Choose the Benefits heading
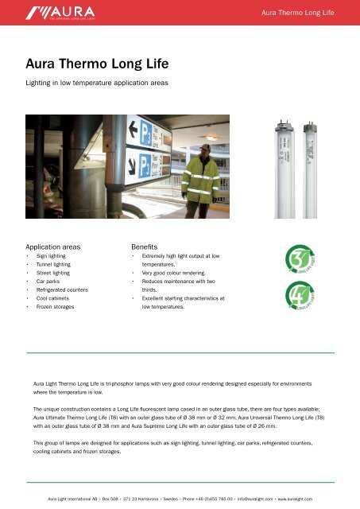coord(148,247)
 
